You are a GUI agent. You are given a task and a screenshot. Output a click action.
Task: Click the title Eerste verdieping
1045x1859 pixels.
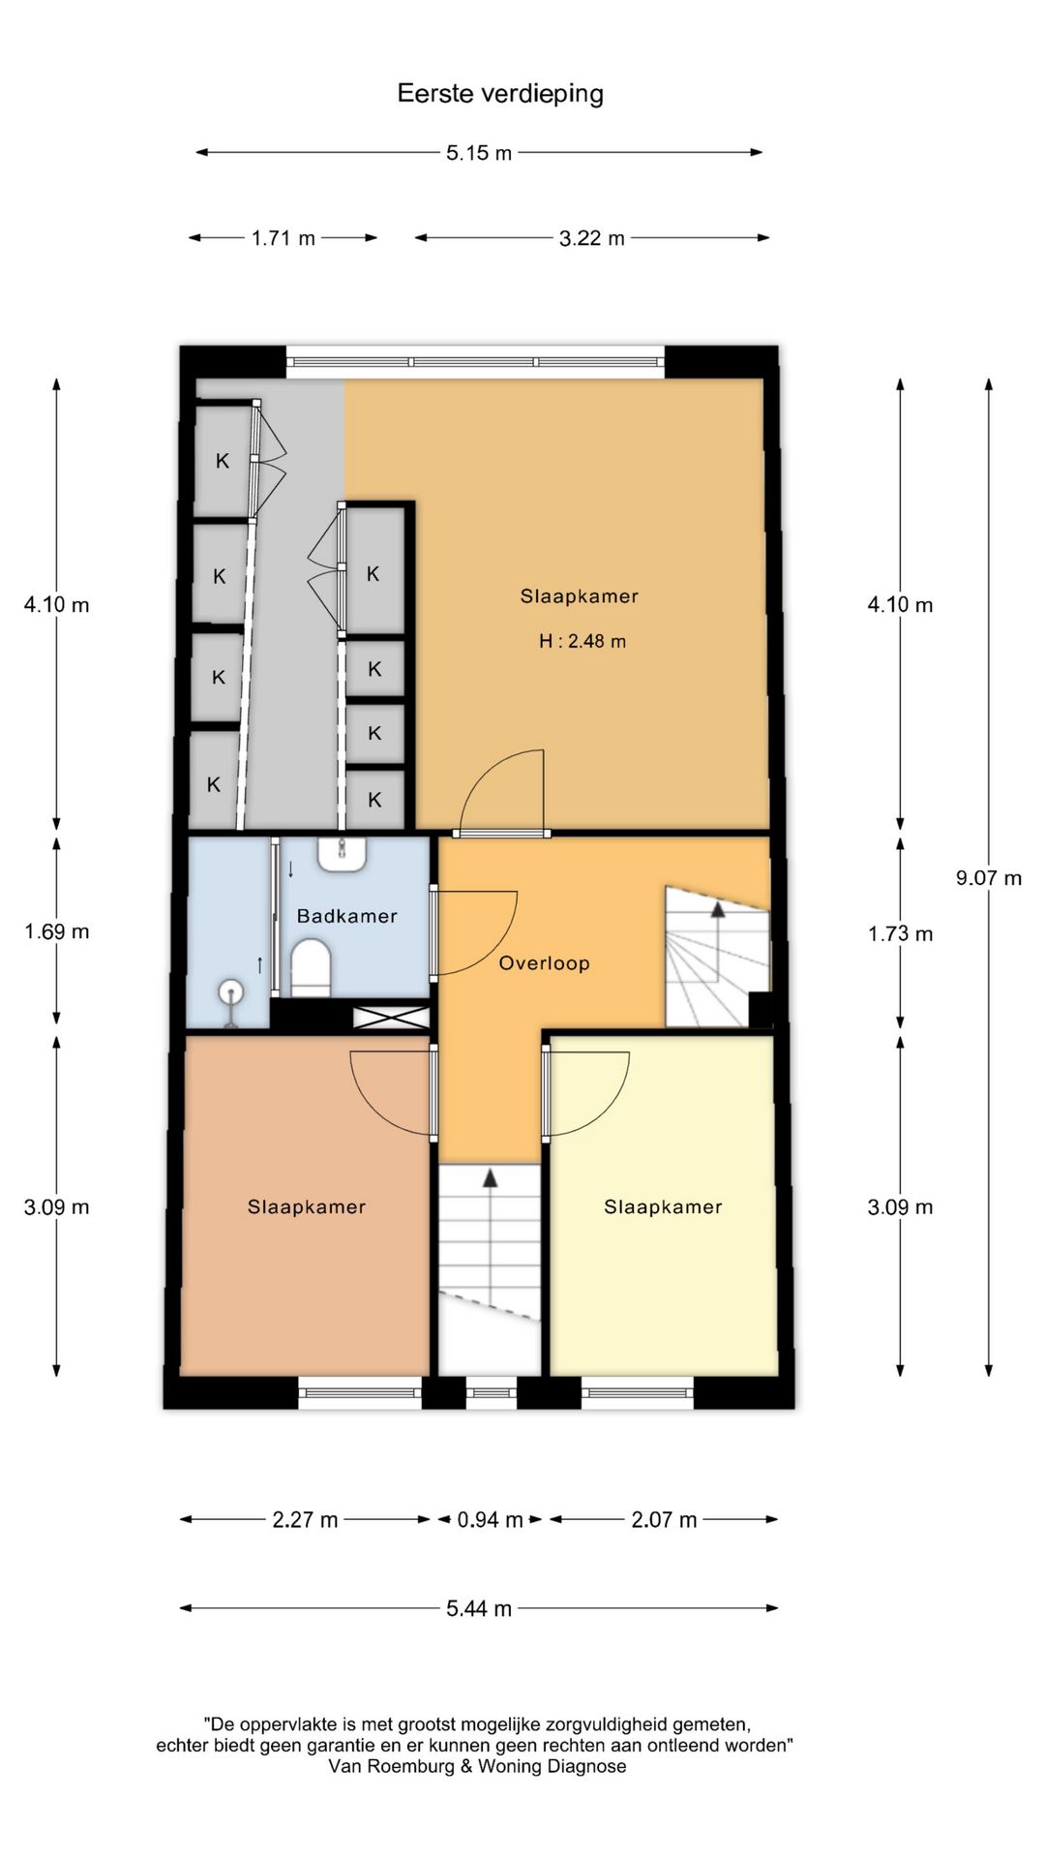point(500,94)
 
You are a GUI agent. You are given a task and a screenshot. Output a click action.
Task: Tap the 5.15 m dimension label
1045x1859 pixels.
point(479,153)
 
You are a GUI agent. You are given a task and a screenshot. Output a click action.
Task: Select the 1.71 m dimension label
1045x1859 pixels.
point(284,238)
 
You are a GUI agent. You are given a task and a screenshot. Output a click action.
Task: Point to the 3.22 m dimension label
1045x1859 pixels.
point(592,238)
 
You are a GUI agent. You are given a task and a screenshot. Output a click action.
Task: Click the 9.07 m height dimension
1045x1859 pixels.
point(989,878)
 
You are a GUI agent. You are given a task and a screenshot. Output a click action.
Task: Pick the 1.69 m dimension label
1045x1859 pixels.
point(57,931)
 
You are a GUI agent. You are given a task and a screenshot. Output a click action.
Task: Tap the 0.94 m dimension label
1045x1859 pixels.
point(491,1520)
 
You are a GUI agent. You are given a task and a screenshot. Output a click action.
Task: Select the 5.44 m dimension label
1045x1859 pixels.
point(479,1609)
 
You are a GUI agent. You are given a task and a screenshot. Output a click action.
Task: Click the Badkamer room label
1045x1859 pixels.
point(347,916)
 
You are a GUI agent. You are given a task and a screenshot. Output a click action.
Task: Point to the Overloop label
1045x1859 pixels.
point(545,963)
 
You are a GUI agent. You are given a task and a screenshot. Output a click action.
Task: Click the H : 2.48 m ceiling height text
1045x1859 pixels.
point(582,641)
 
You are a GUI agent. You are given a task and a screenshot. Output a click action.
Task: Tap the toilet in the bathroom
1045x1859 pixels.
point(311,971)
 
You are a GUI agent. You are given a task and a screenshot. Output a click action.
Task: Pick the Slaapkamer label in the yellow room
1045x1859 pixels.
point(664,1207)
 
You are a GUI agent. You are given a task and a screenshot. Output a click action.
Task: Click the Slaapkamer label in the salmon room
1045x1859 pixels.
point(307,1207)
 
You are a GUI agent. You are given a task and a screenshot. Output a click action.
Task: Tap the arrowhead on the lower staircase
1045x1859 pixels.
point(491,1178)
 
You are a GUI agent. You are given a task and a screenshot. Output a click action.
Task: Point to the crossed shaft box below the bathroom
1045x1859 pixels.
point(392,1018)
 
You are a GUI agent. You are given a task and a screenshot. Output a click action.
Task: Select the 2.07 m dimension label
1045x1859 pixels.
point(664,1520)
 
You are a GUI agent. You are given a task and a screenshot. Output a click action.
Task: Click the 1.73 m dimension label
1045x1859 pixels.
point(901,934)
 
